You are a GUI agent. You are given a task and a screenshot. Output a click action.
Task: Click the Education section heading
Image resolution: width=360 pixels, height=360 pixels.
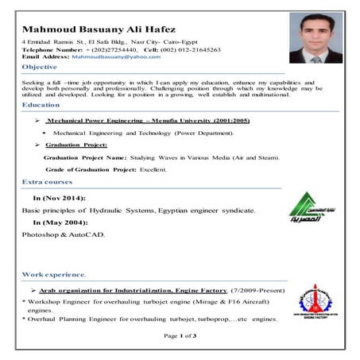pos(41,105)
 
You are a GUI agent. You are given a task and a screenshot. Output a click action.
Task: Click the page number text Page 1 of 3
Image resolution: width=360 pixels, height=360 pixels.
pos(180,336)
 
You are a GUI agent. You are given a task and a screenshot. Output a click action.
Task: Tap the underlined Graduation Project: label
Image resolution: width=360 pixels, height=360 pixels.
pos(77,145)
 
